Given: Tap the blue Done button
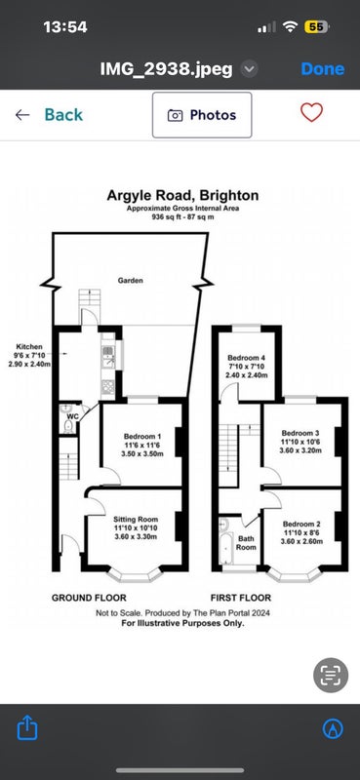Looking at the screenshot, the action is pos(322,68).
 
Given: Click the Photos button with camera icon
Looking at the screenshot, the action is pos(202,115).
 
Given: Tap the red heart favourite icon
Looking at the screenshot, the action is pos(311,112).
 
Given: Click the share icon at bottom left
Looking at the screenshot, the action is pos(27,727).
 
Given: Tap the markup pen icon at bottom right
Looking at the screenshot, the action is pos(333,728).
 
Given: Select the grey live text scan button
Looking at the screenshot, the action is pos(330,675).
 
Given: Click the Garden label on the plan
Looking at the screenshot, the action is pos(131,281).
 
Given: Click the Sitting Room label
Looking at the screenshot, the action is pos(132,519).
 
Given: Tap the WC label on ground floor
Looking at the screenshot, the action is pos(73,416).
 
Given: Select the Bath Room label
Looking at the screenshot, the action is pos(246,543).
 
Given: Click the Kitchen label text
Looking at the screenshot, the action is pos(29,347).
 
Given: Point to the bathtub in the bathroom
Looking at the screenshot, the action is pos(225,548).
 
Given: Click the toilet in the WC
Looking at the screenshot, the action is pos(68,426).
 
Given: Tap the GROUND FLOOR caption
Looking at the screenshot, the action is pos(89,598).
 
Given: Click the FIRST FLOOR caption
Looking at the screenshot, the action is pos(241,598).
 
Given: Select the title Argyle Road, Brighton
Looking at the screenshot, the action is pos(182,196).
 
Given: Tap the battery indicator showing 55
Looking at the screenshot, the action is pos(316,27).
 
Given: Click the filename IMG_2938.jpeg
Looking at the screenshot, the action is pos(166,69).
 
